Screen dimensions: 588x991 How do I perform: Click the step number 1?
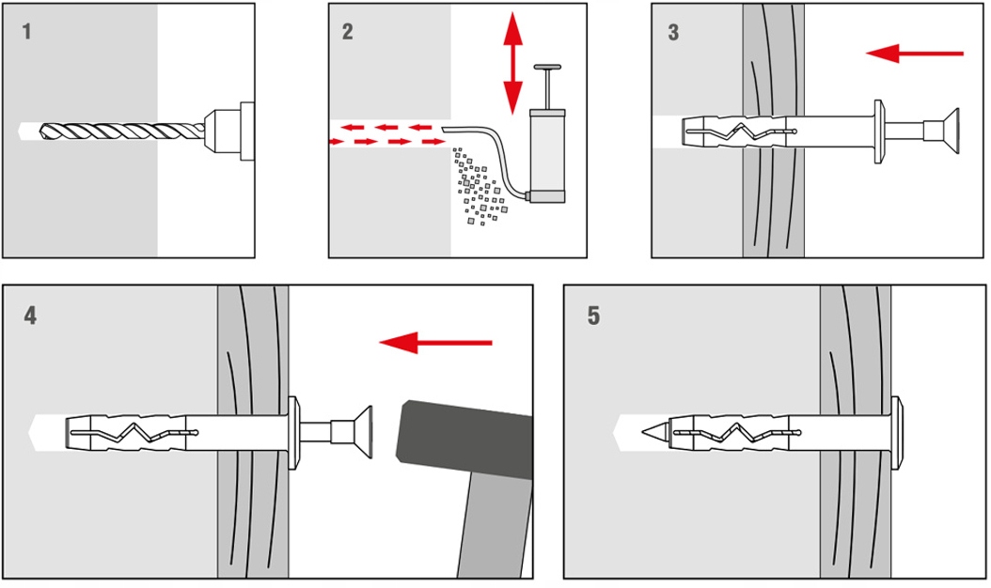(x=26, y=32)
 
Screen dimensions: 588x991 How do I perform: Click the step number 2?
(x=348, y=32)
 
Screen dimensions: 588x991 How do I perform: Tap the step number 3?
(x=673, y=32)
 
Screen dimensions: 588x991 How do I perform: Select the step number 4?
(x=31, y=316)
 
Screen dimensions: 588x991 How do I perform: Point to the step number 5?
(x=593, y=316)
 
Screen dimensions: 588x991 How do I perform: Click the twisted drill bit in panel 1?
(x=113, y=131)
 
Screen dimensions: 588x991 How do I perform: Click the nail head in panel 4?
(x=360, y=433)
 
